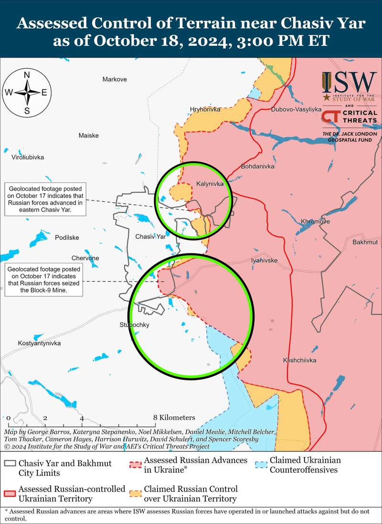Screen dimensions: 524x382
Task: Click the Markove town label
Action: (x=115, y=79)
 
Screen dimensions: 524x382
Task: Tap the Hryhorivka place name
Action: (x=205, y=109)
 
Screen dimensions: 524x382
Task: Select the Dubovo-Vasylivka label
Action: (x=296, y=109)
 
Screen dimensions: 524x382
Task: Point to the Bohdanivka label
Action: (x=258, y=167)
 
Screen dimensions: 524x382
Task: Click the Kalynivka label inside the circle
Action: (x=210, y=184)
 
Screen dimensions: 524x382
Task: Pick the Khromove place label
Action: (x=315, y=221)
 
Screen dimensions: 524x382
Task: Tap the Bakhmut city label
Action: (x=365, y=242)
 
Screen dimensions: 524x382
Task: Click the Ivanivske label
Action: (x=264, y=261)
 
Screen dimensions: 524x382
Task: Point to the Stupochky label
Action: (x=135, y=325)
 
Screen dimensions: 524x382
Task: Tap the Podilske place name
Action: (x=67, y=238)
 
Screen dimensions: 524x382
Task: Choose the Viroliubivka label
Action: (x=28, y=157)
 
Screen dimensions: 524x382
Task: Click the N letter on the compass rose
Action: (x=27, y=75)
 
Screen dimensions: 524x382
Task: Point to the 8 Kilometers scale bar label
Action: (x=174, y=418)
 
